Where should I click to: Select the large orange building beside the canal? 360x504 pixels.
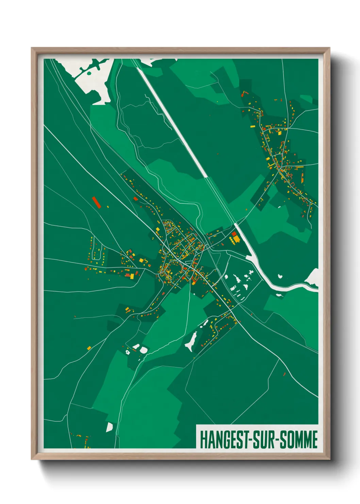(236, 239)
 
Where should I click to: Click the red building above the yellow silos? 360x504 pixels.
(234, 234)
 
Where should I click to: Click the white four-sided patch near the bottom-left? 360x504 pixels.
(110, 427)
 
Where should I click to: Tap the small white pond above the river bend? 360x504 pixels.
(280, 276)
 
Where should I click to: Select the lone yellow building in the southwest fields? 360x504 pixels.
(89, 348)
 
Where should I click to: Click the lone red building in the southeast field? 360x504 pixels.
(284, 374)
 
